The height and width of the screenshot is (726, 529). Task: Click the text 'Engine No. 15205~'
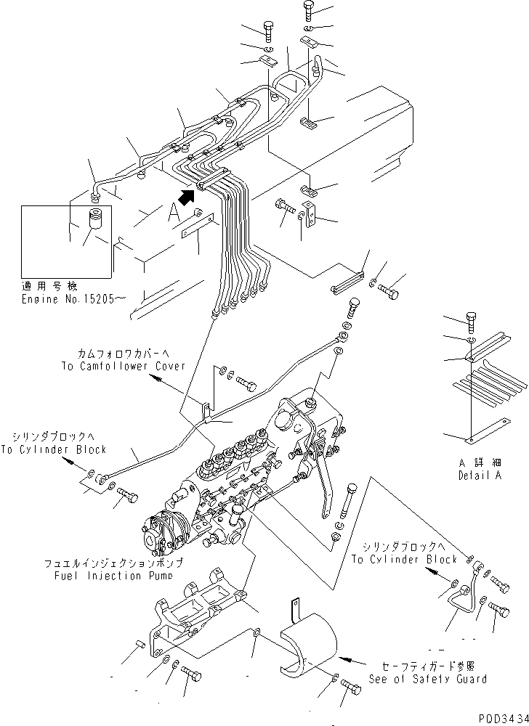[x=67, y=298]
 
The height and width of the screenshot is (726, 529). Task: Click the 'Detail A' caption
[x=477, y=477]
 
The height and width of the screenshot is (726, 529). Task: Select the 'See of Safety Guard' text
[x=427, y=679]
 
